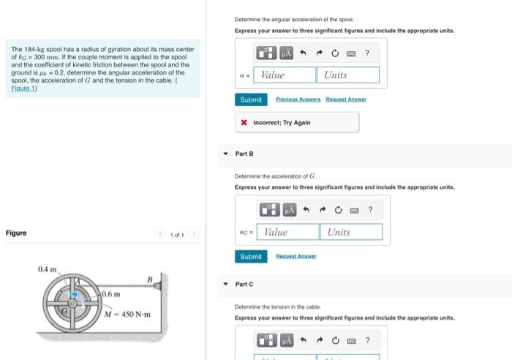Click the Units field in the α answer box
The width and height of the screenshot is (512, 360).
pos(348,75)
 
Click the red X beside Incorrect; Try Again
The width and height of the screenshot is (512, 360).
pos(244,122)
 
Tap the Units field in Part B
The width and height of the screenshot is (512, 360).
pos(350,232)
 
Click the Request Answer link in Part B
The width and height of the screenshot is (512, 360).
pos(295,257)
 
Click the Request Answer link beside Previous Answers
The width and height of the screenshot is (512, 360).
pos(346,100)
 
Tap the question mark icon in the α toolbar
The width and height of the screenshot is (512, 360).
pos(367,53)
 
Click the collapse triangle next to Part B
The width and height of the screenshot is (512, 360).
pos(225,154)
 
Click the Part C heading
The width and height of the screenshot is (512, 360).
pos(244,284)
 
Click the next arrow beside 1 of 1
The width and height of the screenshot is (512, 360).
pos(194,234)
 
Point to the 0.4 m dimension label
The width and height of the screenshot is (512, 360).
pos(48,270)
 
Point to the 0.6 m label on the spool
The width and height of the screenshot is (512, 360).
pos(111,293)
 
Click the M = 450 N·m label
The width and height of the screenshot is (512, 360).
pos(127,315)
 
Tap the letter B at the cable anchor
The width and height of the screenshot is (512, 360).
pos(149,279)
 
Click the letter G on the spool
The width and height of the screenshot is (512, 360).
pos(64,311)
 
